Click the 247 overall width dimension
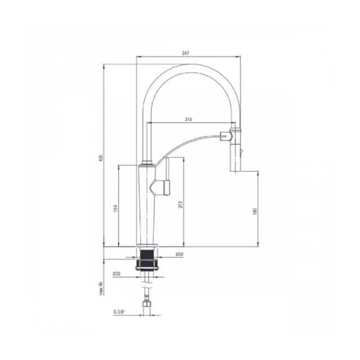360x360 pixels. point(186,53)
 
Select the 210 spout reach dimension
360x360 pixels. point(188,119)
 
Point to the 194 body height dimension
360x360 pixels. point(115,208)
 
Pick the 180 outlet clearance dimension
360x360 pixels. point(254,211)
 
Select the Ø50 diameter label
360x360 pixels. point(178,255)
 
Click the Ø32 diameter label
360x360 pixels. point(116,274)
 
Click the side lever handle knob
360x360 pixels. point(165,186)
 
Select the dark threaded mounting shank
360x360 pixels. point(147,258)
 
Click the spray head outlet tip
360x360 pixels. point(235,168)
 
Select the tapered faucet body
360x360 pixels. point(147,208)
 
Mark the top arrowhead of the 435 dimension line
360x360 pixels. point(103,65)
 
